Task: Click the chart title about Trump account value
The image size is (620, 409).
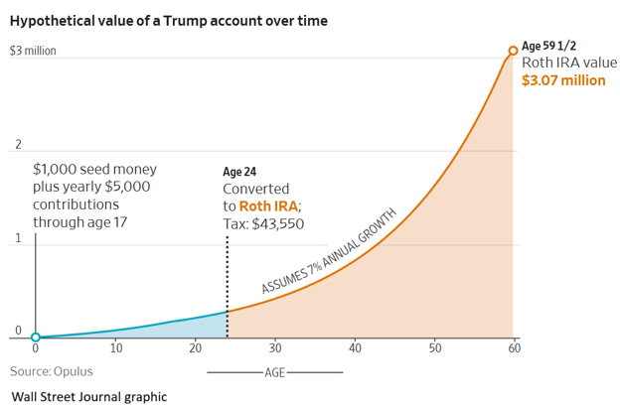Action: point(168,20)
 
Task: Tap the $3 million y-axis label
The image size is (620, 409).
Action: point(32,51)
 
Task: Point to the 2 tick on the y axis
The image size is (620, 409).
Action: point(16,145)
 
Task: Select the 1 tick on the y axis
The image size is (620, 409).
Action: point(16,239)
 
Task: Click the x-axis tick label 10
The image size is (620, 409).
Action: point(115,349)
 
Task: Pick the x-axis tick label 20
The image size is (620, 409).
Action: point(196,349)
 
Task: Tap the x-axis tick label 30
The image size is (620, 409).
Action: point(275,349)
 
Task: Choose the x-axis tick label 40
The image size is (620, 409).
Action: point(355,349)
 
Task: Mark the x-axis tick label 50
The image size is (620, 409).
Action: point(434,349)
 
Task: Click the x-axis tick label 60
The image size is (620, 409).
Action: point(514,349)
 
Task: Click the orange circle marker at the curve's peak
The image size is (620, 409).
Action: point(513,50)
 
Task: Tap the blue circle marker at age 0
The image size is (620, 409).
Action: point(36,338)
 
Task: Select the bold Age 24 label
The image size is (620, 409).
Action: point(240,171)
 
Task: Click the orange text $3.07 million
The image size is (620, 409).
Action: point(563,80)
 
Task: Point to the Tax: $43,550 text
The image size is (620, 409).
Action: point(263,223)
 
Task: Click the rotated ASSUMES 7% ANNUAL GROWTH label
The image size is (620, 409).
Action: point(329,251)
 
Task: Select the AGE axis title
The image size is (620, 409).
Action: point(275,372)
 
